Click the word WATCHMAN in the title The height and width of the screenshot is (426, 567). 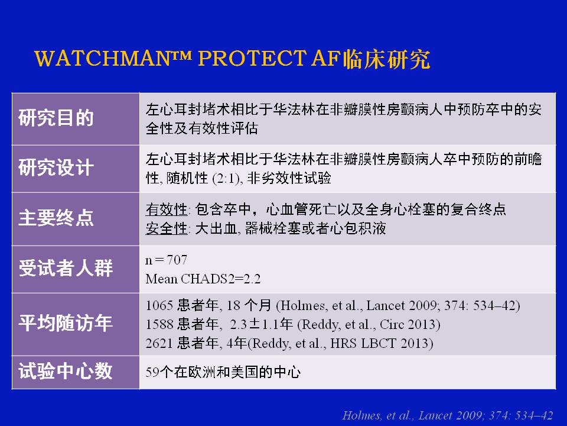point(102,59)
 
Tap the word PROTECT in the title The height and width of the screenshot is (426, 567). point(252,59)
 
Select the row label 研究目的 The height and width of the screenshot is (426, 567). point(56,118)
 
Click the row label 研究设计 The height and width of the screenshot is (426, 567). point(56,167)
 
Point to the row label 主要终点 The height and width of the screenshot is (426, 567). point(56,218)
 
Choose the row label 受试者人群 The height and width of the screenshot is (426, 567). point(66,269)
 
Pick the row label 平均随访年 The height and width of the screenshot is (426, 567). point(66,323)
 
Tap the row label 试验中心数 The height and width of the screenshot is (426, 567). point(66,372)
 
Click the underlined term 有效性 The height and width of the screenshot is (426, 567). point(167,209)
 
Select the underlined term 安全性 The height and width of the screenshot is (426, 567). point(167,228)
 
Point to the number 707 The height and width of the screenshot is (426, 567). point(177,260)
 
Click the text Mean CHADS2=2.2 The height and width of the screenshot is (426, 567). point(203,279)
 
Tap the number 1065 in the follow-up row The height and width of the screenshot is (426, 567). point(159,306)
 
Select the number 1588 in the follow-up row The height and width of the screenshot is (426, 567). point(159,325)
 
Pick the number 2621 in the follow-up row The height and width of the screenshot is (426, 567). point(159,343)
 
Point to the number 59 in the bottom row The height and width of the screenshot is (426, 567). point(152,372)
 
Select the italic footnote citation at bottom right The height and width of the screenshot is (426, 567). point(448,415)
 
